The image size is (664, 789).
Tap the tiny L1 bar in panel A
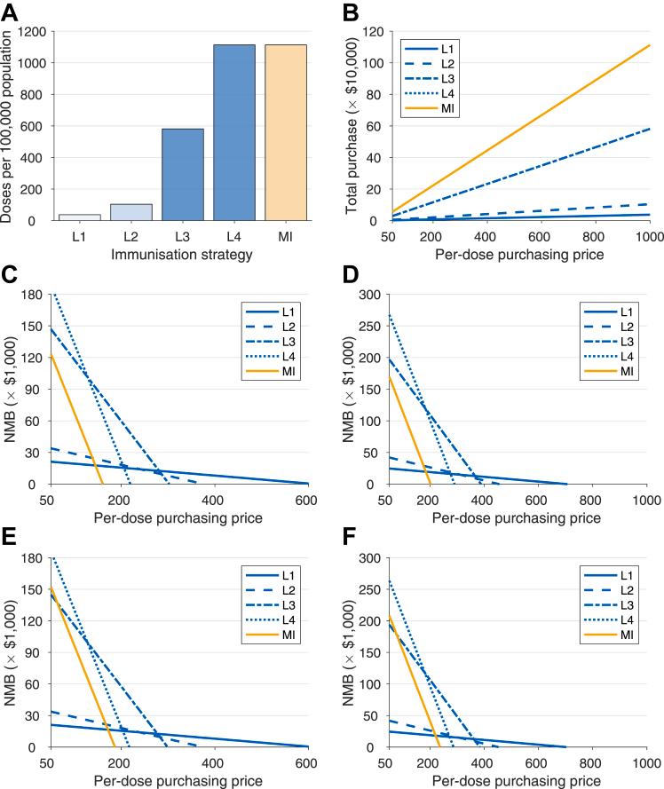tap(78, 217)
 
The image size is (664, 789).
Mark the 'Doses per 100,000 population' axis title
tap(9, 124)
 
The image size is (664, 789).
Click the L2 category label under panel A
tap(130, 238)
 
